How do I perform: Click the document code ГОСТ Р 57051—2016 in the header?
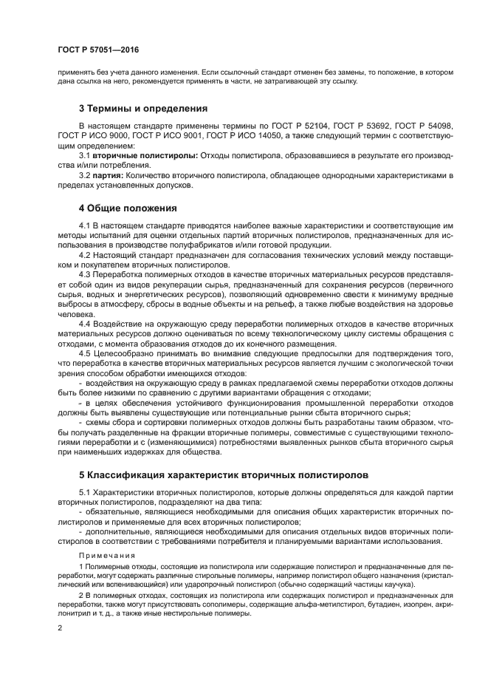click(x=97, y=49)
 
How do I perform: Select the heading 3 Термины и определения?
click(x=138, y=108)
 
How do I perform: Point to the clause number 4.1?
click(x=85, y=225)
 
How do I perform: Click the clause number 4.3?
click(x=85, y=273)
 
